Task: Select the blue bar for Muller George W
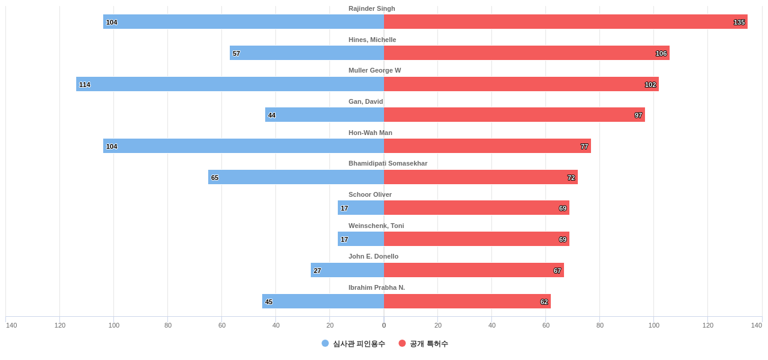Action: click(230, 84)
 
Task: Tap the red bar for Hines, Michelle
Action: click(526, 53)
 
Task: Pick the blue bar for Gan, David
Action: click(325, 115)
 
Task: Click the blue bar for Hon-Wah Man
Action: click(243, 146)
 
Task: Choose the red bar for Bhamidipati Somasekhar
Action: click(481, 177)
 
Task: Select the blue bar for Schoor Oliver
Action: click(361, 208)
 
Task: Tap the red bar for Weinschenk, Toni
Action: click(476, 239)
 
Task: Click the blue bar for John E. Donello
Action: click(347, 270)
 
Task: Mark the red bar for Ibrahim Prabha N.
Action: click(467, 301)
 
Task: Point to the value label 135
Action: click(739, 22)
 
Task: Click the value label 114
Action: click(85, 85)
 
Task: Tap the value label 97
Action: click(638, 115)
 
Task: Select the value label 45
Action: click(269, 302)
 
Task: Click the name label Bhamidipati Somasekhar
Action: click(388, 163)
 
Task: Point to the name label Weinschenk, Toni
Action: click(376, 226)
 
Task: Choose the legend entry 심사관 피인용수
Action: click(353, 344)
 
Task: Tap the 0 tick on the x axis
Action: click(384, 325)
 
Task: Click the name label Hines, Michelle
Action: click(372, 40)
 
